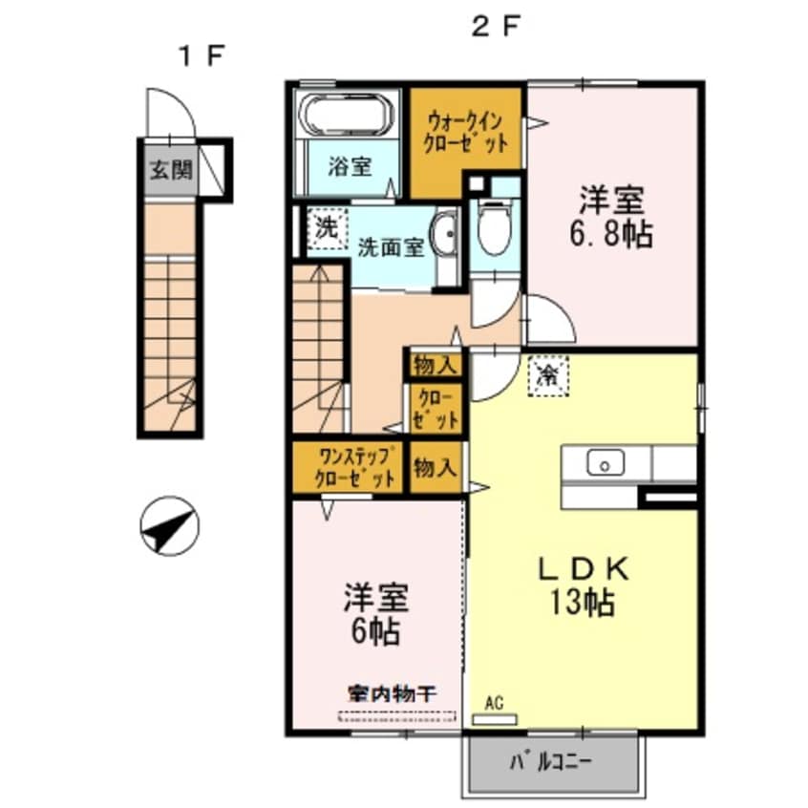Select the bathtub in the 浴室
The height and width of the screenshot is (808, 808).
click(346, 117)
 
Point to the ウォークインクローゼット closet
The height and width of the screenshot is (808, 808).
click(466, 136)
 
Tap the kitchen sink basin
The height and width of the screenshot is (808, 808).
click(605, 464)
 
